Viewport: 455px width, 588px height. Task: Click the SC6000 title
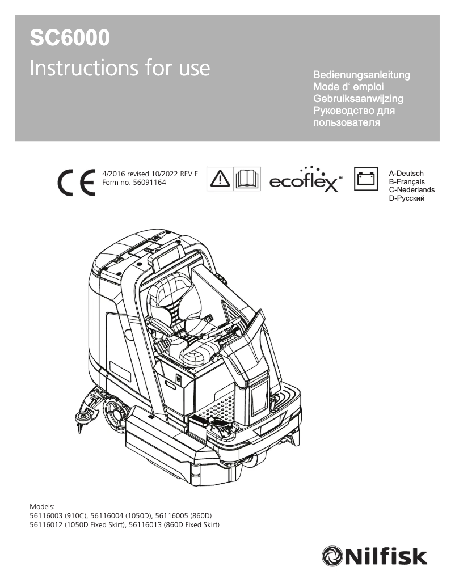coord(70,39)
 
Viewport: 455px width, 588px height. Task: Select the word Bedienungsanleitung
coord(361,75)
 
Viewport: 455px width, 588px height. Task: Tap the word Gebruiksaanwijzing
coord(358,99)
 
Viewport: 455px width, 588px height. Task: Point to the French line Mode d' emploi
coord(349,87)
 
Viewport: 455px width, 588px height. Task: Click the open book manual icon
coord(247,179)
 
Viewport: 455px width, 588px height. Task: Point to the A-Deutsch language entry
coord(406,173)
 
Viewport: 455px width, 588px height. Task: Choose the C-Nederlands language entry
coord(411,190)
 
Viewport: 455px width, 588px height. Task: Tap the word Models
coord(42,506)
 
